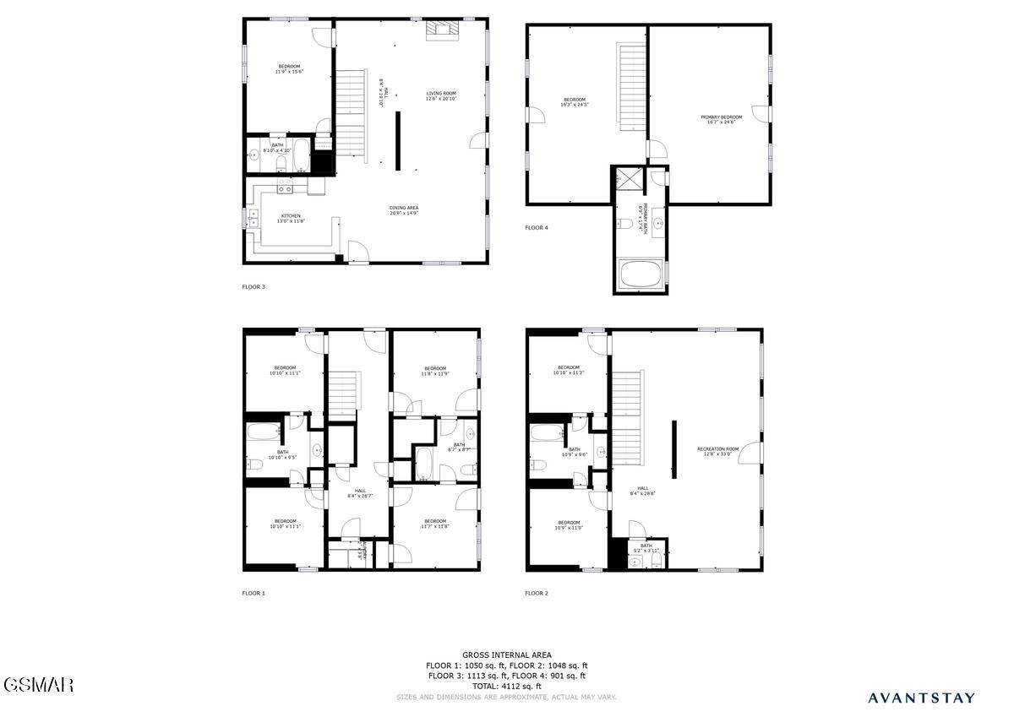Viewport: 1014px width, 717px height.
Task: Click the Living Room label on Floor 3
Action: click(x=441, y=95)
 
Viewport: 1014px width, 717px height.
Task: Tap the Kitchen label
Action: click(x=290, y=218)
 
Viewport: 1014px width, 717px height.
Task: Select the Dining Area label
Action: click(x=404, y=209)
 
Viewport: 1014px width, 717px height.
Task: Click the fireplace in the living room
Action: click(x=442, y=31)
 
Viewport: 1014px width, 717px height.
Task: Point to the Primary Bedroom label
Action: click(x=722, y=119)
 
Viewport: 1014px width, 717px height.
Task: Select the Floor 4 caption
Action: click(x=537, y=227)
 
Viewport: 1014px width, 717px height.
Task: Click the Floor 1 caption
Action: click(x=253, y=593)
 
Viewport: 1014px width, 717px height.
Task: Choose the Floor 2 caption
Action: click(x=537, y=593)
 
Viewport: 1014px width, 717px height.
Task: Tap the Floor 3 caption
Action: click(x=253, y=286)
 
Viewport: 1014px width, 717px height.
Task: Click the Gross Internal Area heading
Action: click(x=507, y=655)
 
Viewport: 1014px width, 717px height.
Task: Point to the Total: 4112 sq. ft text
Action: click(x=507, y=686)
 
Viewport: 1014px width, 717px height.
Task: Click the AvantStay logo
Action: click(x=921, y=698)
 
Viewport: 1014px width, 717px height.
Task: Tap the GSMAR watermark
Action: click(x=38, y=683)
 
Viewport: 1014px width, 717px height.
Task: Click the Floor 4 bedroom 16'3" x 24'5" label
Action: click(x=575, y=102)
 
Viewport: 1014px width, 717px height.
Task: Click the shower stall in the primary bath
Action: click(x=629, y=180)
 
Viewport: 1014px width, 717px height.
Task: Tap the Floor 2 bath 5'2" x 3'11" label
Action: click(x=646, y=548)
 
